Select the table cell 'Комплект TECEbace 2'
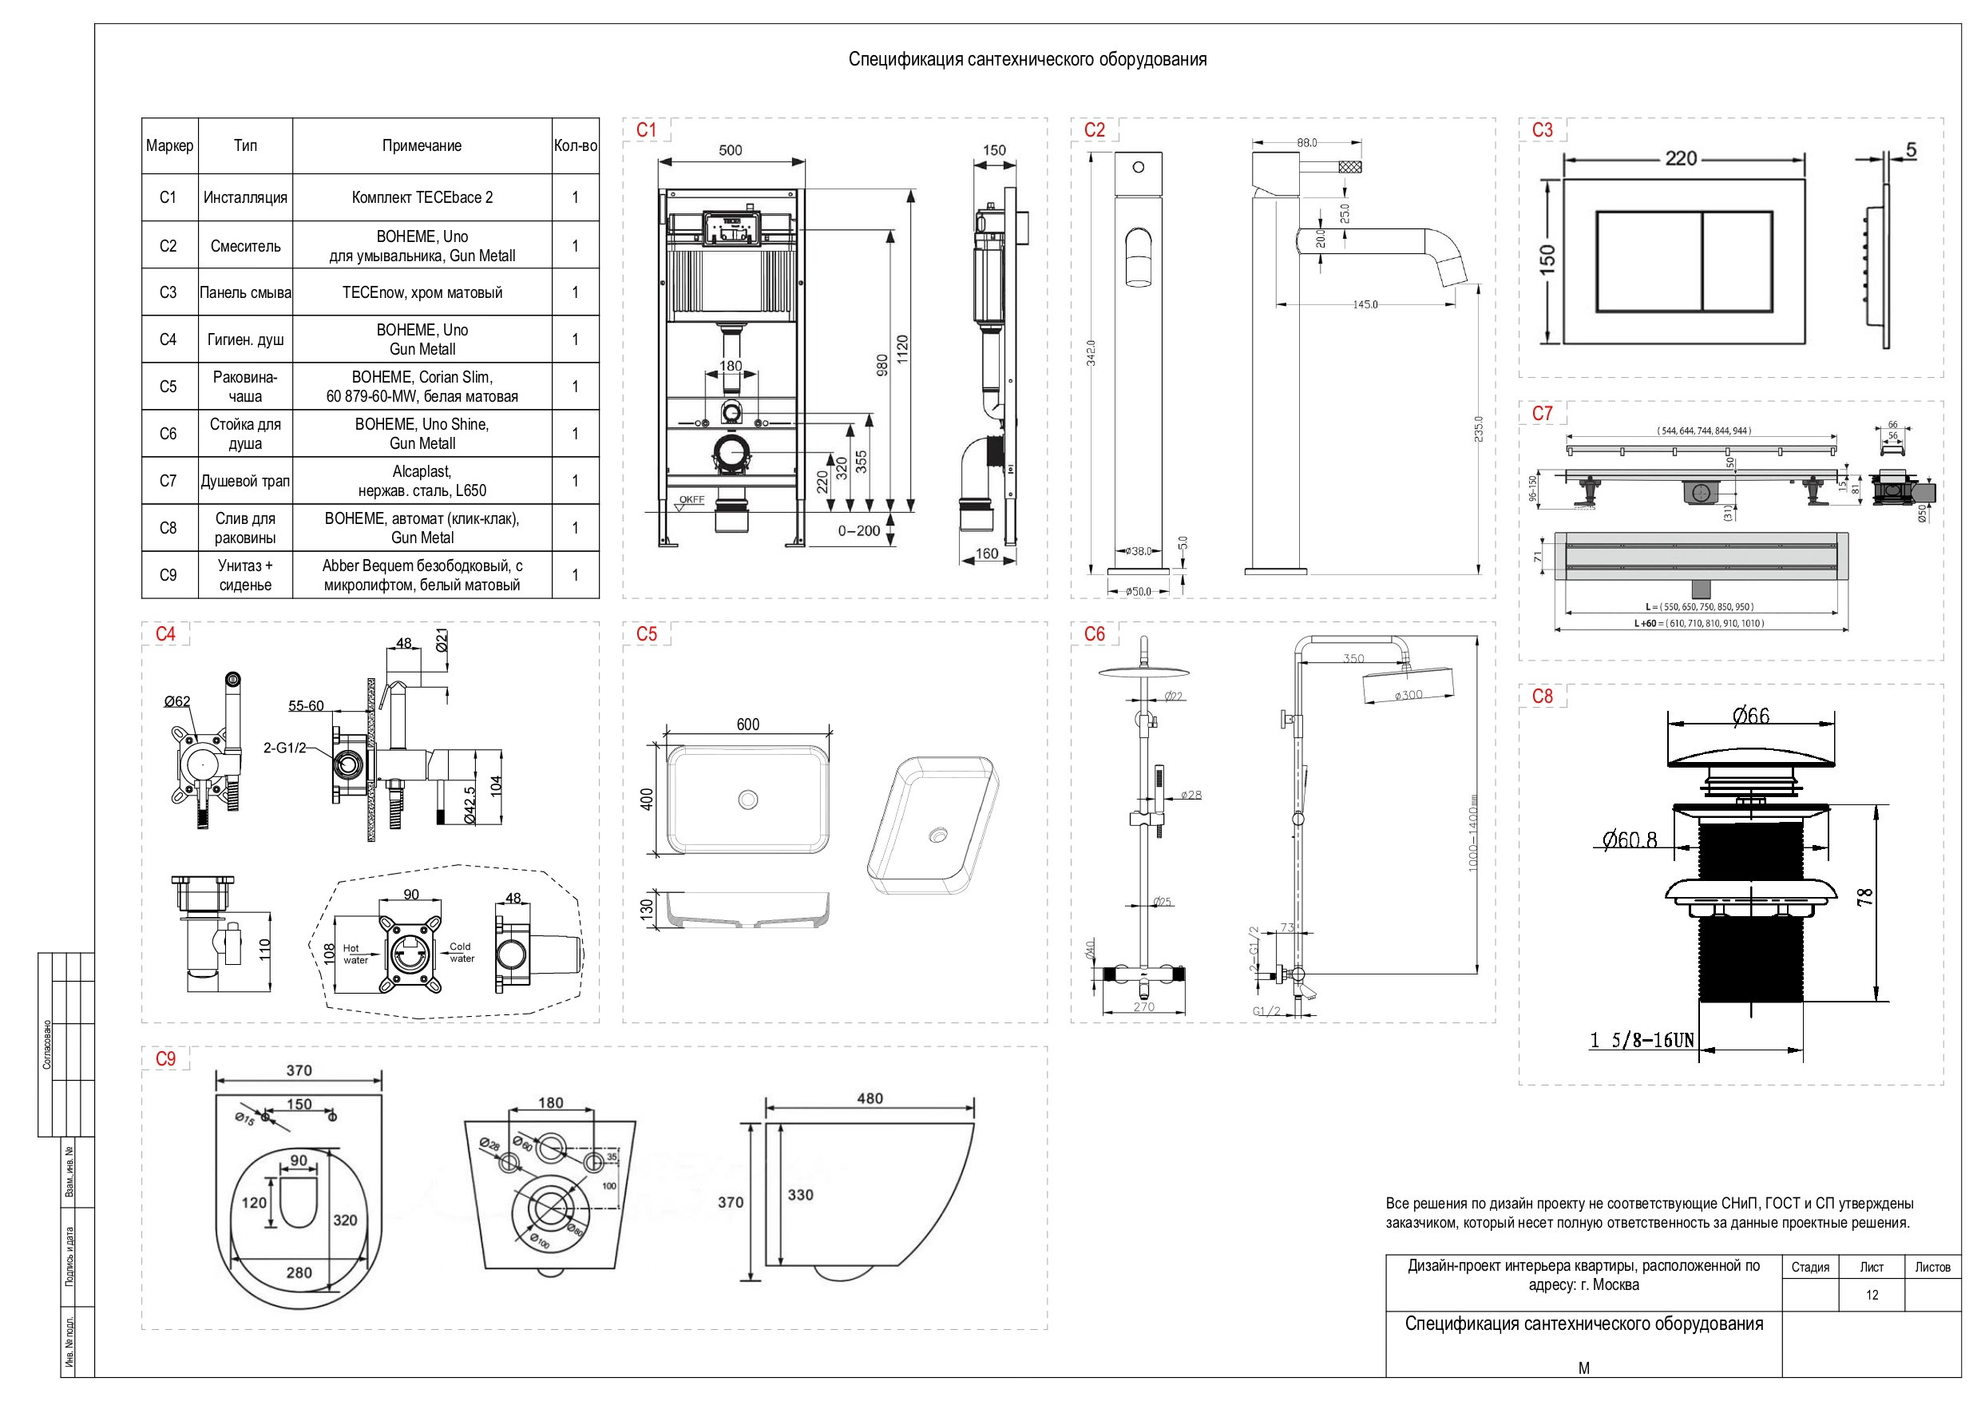(422, 197)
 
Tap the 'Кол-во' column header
(576, 146)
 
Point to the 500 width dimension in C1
(730, 150)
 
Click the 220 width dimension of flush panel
(1681, 159)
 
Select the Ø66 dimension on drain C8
(1750, 716)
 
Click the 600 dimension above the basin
(748, 725)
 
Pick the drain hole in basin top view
(748, 800)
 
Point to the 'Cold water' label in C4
(461, 952)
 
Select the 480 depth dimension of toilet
(870, 1099)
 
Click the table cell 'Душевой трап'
(245, 481)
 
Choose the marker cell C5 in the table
(168, 387)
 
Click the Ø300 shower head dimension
(1408, 695)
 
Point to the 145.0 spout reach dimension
(1365, 304)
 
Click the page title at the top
(1028, 60)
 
